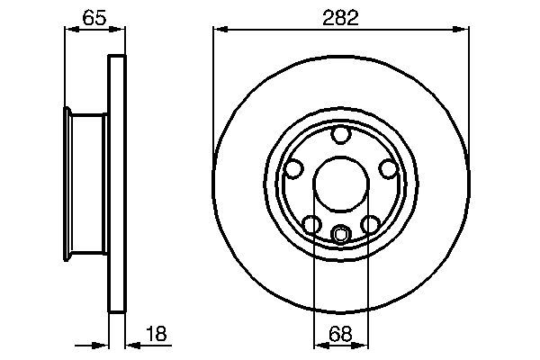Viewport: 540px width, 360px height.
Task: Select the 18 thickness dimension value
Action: tap(155, 335)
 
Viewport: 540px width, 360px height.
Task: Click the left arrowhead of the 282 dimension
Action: tap(219, 30)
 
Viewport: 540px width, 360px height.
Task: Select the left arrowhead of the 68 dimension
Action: tap(318, 344)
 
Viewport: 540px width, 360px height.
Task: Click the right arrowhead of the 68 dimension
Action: tap(363, 344)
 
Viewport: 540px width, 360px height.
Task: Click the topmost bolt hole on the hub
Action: tap(340, 136)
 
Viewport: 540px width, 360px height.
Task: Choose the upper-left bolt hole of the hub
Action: tap(292, 168)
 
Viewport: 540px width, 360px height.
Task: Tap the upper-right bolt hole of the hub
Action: tap(388, 168)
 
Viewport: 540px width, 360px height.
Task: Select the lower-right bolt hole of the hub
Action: tap(370, 224)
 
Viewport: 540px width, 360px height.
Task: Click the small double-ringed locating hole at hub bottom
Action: tap(340, 235)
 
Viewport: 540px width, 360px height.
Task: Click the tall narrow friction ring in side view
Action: tap(115, 184)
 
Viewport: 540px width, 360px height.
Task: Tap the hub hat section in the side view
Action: tap(88, 184)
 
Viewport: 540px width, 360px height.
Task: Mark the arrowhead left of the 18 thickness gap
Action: tap(103, 344)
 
